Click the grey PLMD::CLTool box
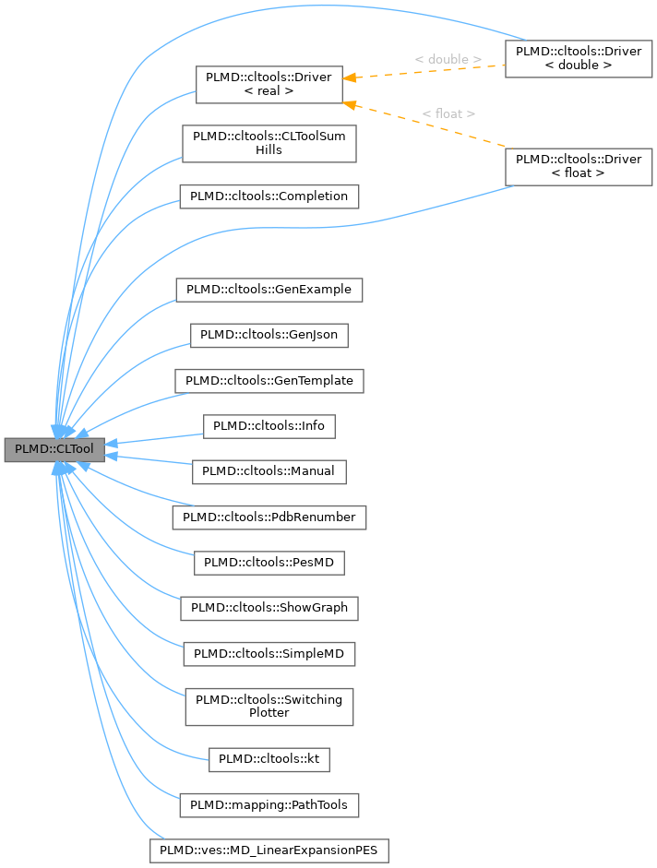pos(54,449)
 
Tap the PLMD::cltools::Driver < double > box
pos(579,58)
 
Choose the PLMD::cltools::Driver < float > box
pos(579,166)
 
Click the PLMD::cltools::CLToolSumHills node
pos(269,143)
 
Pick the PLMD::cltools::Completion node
pos(269,196)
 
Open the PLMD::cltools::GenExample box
pos(269,289)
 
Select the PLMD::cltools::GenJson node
pos(269,335)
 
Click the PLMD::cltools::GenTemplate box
pos(269,380)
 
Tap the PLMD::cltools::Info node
pos(269,426)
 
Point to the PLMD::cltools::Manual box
pos(269,471)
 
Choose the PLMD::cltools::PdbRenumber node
pos(269,517)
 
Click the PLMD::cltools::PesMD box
pos(269,562)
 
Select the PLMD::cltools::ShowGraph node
pos(269,608)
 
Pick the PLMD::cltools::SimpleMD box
pos(269,653)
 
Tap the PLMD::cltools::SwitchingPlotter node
pos(269,706)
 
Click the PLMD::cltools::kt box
pos(269,759)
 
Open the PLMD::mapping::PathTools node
pos(269,805)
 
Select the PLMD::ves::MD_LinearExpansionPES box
pos(269,850)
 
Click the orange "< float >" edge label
pos(448,113)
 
